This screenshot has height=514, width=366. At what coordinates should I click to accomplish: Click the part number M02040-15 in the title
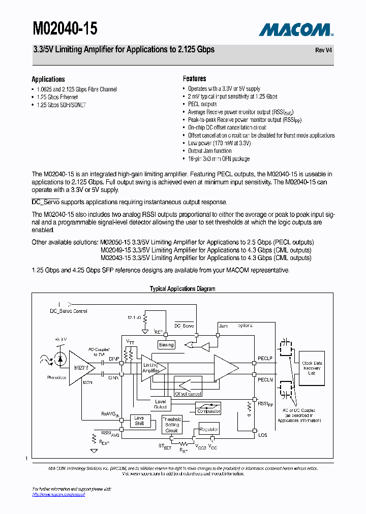[65, 28]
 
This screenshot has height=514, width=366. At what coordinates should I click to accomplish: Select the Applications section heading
[48, 79]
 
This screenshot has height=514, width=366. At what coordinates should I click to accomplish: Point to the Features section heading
[195, 79]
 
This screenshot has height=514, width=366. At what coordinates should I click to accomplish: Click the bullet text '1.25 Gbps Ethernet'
[57, 97]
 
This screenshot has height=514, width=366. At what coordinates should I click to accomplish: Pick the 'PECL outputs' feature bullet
[202, 104]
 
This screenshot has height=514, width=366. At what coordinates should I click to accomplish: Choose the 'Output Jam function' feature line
[209, 151]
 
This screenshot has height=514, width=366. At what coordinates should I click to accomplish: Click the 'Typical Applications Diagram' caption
[182, 289]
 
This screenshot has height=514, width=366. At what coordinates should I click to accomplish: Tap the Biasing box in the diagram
[166, 345]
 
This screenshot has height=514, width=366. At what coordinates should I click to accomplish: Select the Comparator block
[208, 409]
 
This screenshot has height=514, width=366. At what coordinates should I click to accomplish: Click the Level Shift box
[139, 421]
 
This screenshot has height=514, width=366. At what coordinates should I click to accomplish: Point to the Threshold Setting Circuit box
[172, 425]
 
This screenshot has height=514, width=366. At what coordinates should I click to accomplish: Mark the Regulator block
[209, 430]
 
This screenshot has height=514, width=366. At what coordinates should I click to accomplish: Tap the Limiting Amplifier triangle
[151, 368]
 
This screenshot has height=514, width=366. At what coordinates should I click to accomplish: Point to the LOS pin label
[263, 435]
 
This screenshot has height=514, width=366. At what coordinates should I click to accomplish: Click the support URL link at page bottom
[58, 494]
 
